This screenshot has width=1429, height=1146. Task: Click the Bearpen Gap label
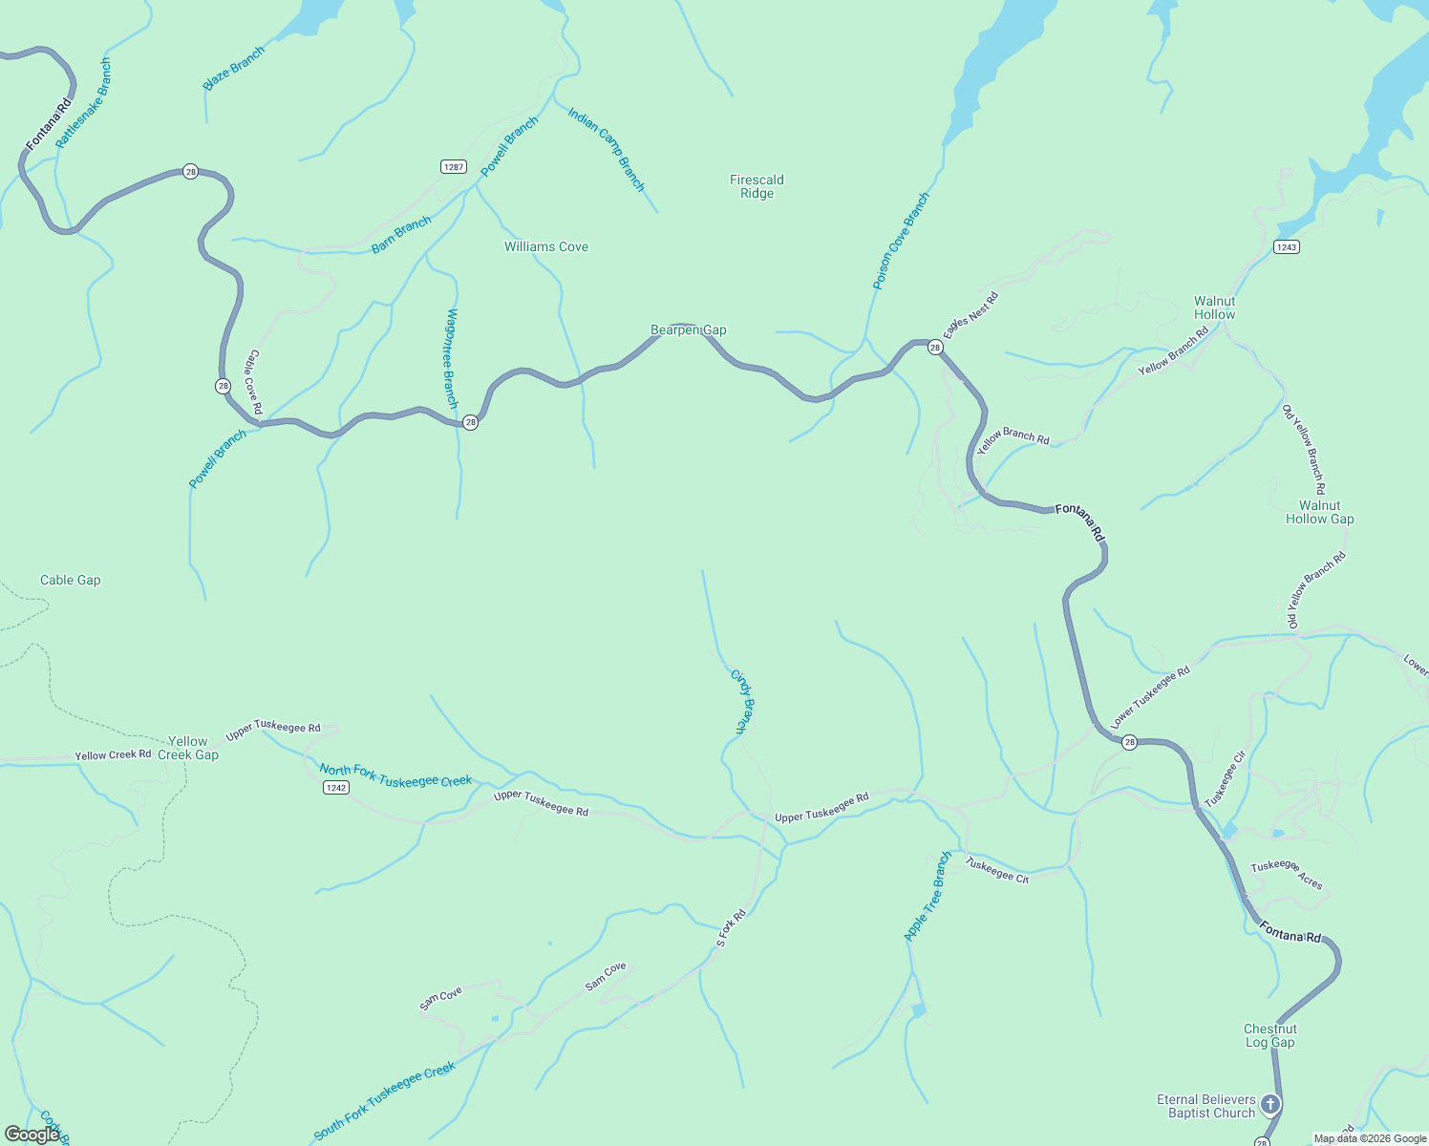(x=688, y=330)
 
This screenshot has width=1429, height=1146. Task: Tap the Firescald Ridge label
(x=757, y=186)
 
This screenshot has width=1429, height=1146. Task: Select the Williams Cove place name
(x=546, y=247)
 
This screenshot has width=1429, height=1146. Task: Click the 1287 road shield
(x=454, y=167)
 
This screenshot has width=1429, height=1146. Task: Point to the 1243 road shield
(x=1286, y=247)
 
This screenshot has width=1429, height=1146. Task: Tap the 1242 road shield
(x=335, y=788)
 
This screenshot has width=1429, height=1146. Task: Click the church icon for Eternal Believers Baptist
(x=1269, y=1105)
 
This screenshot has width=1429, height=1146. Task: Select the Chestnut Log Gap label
(x=1269, y=1035)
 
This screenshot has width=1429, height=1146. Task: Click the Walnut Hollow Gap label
(x=1319, y=513)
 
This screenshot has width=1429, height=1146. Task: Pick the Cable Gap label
(x=70, y=581)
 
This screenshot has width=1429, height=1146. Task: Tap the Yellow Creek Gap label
(x=188, y=748)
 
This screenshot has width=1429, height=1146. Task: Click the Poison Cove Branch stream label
(x=901, y=242)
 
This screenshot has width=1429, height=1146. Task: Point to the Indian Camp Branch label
(x=607, y=149)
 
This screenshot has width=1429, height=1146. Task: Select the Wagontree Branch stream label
(x=451, y=358)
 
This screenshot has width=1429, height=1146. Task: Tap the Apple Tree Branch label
(x=928, y=897)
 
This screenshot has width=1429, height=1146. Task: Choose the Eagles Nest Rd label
(x=970, y=315)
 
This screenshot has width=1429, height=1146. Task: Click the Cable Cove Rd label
(x=254, y=381)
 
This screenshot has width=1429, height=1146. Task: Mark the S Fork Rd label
(x=731, y=928)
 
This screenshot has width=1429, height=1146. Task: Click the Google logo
(x=32, y=1135)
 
